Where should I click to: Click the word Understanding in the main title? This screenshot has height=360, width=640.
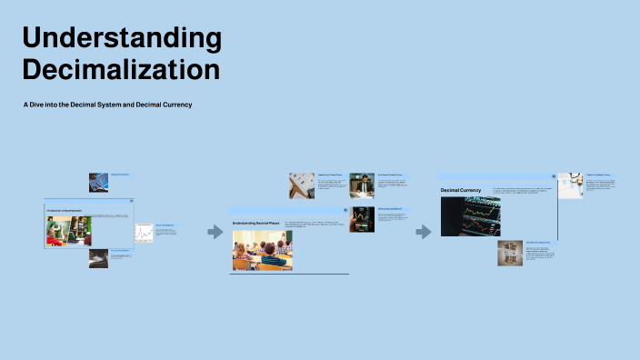(x=122, y=38)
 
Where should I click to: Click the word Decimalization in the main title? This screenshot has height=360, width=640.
(x=121, y=69)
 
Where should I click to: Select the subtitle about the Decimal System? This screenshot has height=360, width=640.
(x=107, y=105)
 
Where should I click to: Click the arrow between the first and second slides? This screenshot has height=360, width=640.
(x=215, y=232)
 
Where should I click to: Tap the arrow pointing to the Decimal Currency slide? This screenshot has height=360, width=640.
(x=423, y=232)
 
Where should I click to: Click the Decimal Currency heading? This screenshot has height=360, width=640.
(x=461, y=190)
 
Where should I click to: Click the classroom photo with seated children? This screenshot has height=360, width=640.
(x=262, y=250)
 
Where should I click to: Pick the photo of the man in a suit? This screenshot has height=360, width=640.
(x=362, y=185)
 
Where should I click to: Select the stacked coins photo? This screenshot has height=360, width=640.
(x=509, y=253)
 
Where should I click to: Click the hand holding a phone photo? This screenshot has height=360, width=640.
(x=362, y=219)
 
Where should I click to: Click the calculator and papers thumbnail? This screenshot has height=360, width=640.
(x=302, y=185)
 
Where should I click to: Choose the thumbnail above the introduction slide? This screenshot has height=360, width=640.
(x=99, y=182)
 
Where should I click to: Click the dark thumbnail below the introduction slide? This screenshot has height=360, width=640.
(x=98, y=257)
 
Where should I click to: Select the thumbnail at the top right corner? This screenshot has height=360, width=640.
(x=571, y=185)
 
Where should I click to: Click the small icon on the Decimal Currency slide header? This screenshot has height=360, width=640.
(x=553, y=176)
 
